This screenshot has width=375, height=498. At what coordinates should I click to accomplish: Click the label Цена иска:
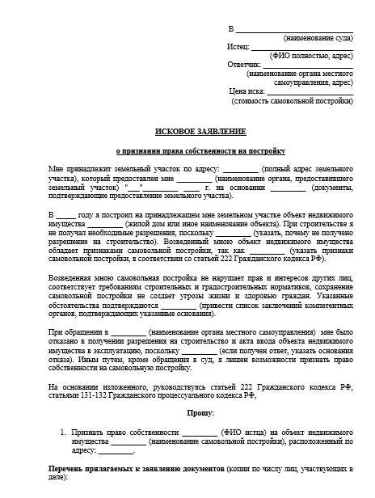tap(247, 91)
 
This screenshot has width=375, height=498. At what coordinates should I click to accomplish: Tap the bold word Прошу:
tap(201, 413)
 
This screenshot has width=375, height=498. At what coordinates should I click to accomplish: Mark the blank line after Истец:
tap(302, 48)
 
